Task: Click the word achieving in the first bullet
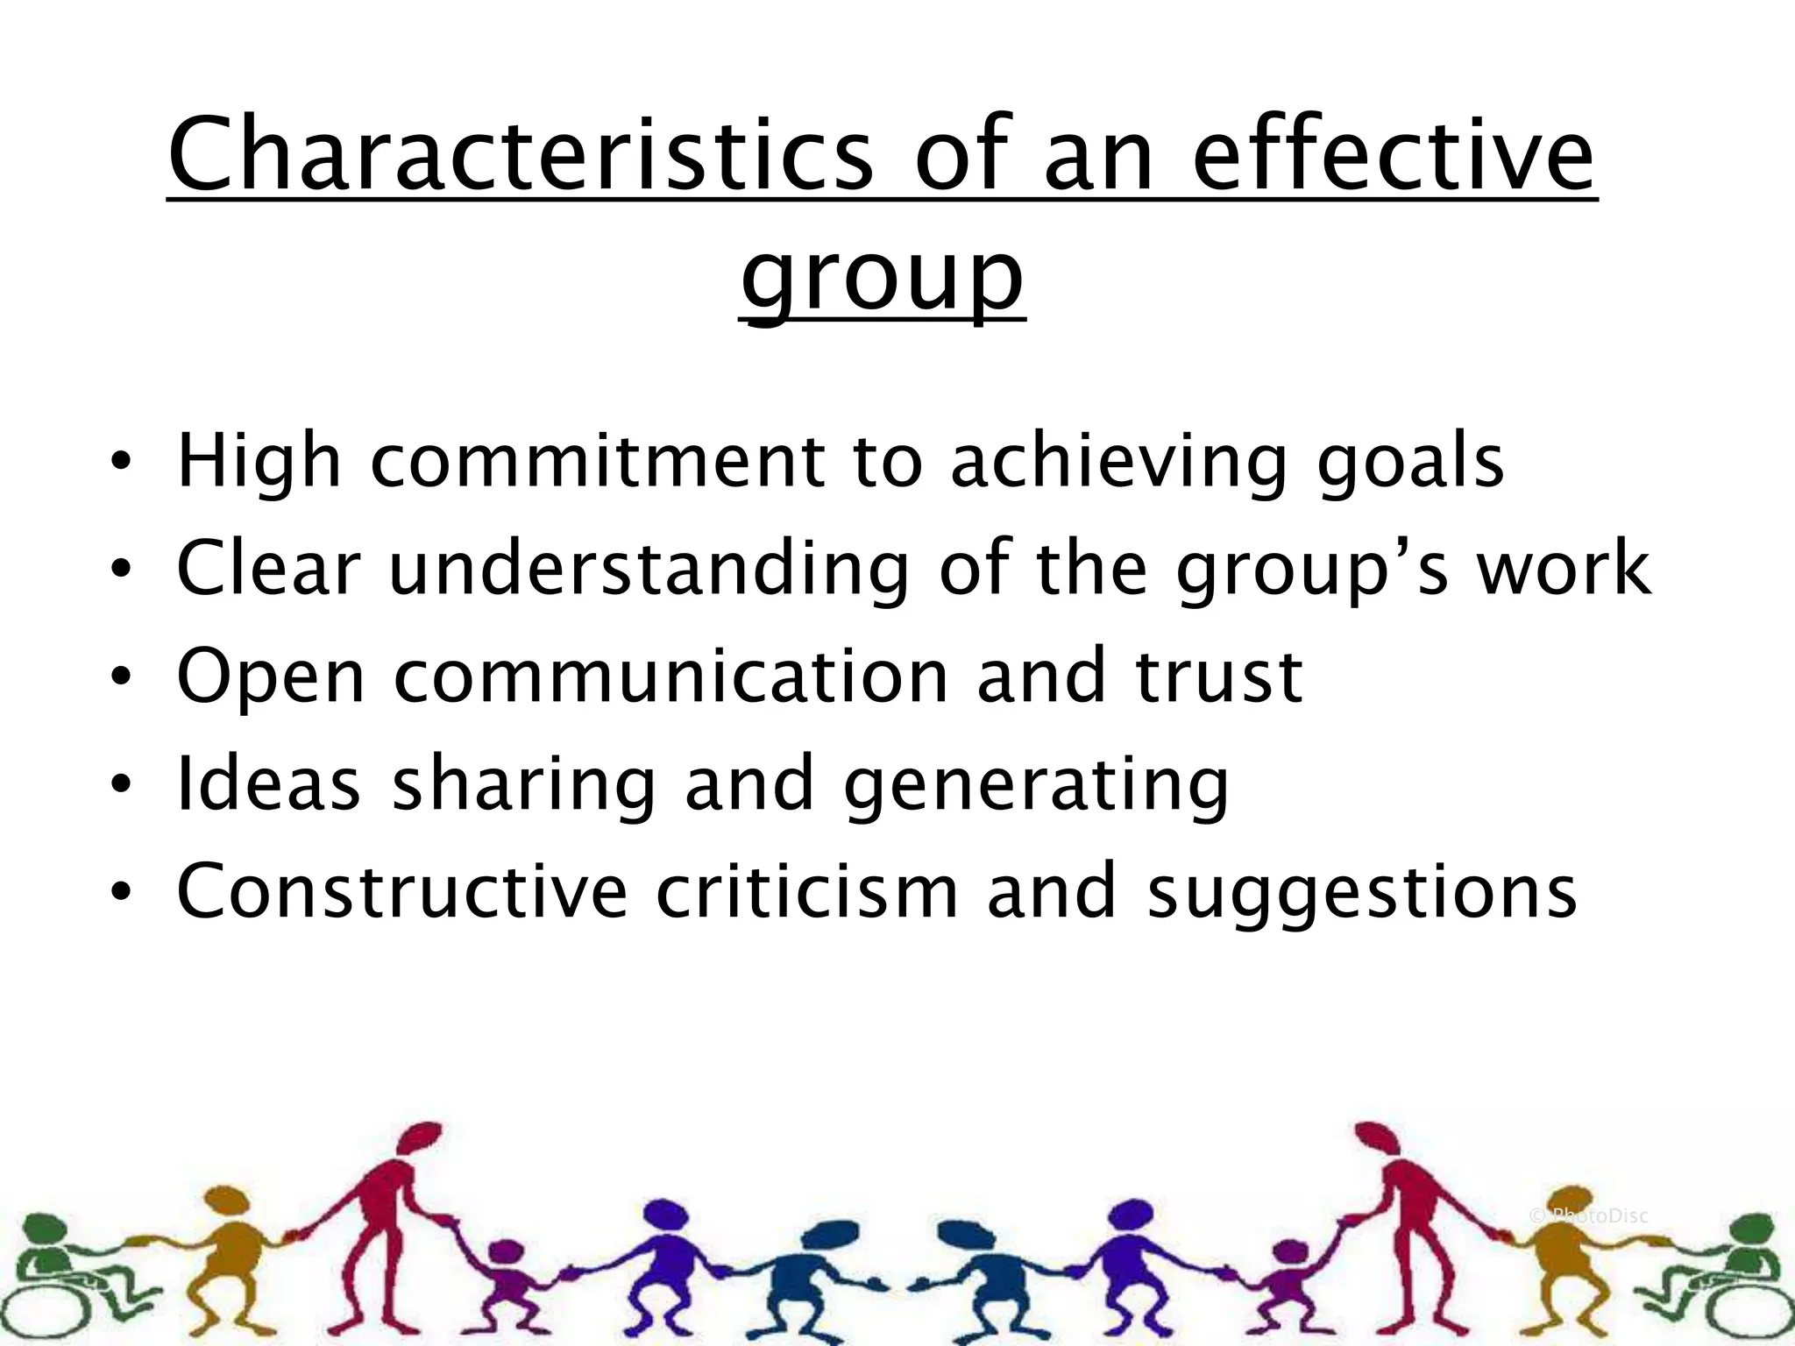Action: click(x=1117, y=462)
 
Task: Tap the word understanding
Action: click(x=648, y=570)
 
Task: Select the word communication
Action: click(x=671, y=677)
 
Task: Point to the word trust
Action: click(x=1219, y=677)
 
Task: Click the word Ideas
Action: click(x=268, y=783)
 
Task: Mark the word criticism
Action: click(x=806, y=892)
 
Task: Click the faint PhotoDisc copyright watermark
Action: click(x=1588, y=1215)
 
